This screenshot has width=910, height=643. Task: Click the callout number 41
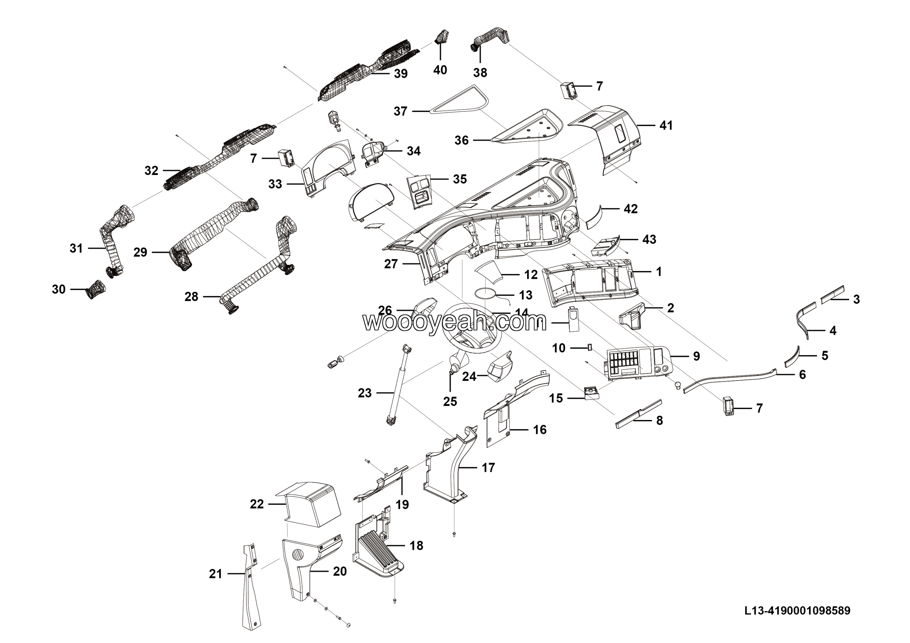click(666, 125)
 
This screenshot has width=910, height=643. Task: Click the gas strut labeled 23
click(400, 384)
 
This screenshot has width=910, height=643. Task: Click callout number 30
click(59, 289)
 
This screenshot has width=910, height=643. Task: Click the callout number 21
click(216, 574)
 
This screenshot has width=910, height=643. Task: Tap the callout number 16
click(540, 429)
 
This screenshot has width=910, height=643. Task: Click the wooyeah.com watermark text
click(454, 322)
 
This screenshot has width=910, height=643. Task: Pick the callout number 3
click(856, 299)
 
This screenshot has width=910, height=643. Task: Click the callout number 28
click(192, 297)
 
